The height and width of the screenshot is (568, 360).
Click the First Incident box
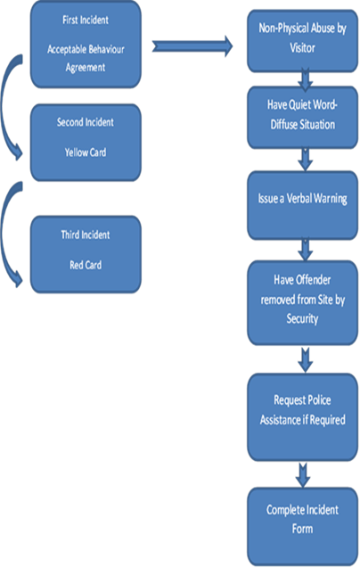point(86,45)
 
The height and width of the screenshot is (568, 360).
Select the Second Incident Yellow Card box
point(86,143)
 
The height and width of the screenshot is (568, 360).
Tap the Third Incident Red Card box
point(86,254)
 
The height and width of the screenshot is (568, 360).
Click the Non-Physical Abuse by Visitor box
point(302,41)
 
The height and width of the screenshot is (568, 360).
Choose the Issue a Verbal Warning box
point(302,205)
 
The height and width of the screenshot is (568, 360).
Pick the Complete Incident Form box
point(302,526)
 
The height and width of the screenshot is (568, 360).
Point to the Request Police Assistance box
point(302,417)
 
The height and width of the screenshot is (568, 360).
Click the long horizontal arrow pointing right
point(192,46)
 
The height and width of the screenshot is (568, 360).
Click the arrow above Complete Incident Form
point(303,475)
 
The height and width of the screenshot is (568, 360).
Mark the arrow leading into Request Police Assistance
point(306,359)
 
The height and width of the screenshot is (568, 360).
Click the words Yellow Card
point(86,152)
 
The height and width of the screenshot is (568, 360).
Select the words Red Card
point(86,265)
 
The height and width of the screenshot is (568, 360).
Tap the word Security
point(302,319)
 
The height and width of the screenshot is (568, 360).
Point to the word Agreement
point(86,68)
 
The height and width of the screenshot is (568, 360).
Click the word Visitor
point(302,47)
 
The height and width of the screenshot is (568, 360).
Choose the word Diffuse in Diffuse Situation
point(283,124)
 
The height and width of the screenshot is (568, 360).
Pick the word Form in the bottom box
point(302,529)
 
